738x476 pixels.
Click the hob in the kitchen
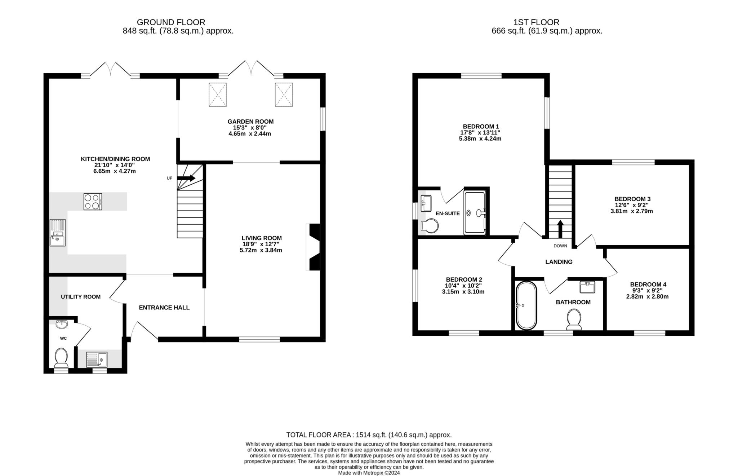(93, 202)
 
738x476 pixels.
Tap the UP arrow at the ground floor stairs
(186, 178)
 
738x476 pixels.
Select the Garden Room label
(250, 122)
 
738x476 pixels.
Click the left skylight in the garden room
(218, 94)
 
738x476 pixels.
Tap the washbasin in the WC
(62, 324)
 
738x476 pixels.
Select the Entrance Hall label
(164, 308)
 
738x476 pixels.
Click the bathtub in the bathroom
(526, 305)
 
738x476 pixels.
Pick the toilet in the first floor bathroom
(574, 319)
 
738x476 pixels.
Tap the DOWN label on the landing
(560, 246)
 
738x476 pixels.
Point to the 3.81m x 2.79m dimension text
(631, 211)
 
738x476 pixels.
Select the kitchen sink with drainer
(58, 233)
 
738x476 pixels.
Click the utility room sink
(97, 359)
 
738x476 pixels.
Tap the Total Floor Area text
(369, 435)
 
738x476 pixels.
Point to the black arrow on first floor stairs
(560, 229)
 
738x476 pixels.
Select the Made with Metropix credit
(369, 473)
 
